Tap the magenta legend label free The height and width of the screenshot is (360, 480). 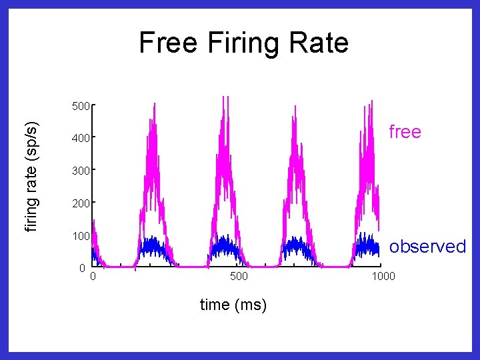click(x=405, y=131)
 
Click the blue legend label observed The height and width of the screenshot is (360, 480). click(x=427, y=246)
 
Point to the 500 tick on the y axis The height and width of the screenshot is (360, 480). click(x=81, y=106)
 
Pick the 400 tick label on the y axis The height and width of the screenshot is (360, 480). click(x=81, y=138)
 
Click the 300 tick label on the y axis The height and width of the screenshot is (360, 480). click(x=81, y=171)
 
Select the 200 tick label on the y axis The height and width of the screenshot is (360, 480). click(x=81, y=203)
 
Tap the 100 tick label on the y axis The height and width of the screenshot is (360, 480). click(x=81, y=236)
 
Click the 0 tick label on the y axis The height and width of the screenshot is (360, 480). click(x=83, y=268)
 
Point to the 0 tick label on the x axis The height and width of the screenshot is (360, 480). click(x=93, y=276)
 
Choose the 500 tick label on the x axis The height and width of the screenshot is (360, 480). click(x=239, y=276)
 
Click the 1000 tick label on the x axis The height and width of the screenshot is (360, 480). click(x=383, y=276)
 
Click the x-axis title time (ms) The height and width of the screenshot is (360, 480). click(x=233, y=305)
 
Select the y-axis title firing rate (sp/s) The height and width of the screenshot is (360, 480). click(x=31, y=177)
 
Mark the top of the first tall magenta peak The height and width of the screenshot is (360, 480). click(x=155, y=103)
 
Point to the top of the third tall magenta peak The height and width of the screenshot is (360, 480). click(x=295, y=106)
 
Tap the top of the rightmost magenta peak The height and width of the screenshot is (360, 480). click(x=372, y=101)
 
